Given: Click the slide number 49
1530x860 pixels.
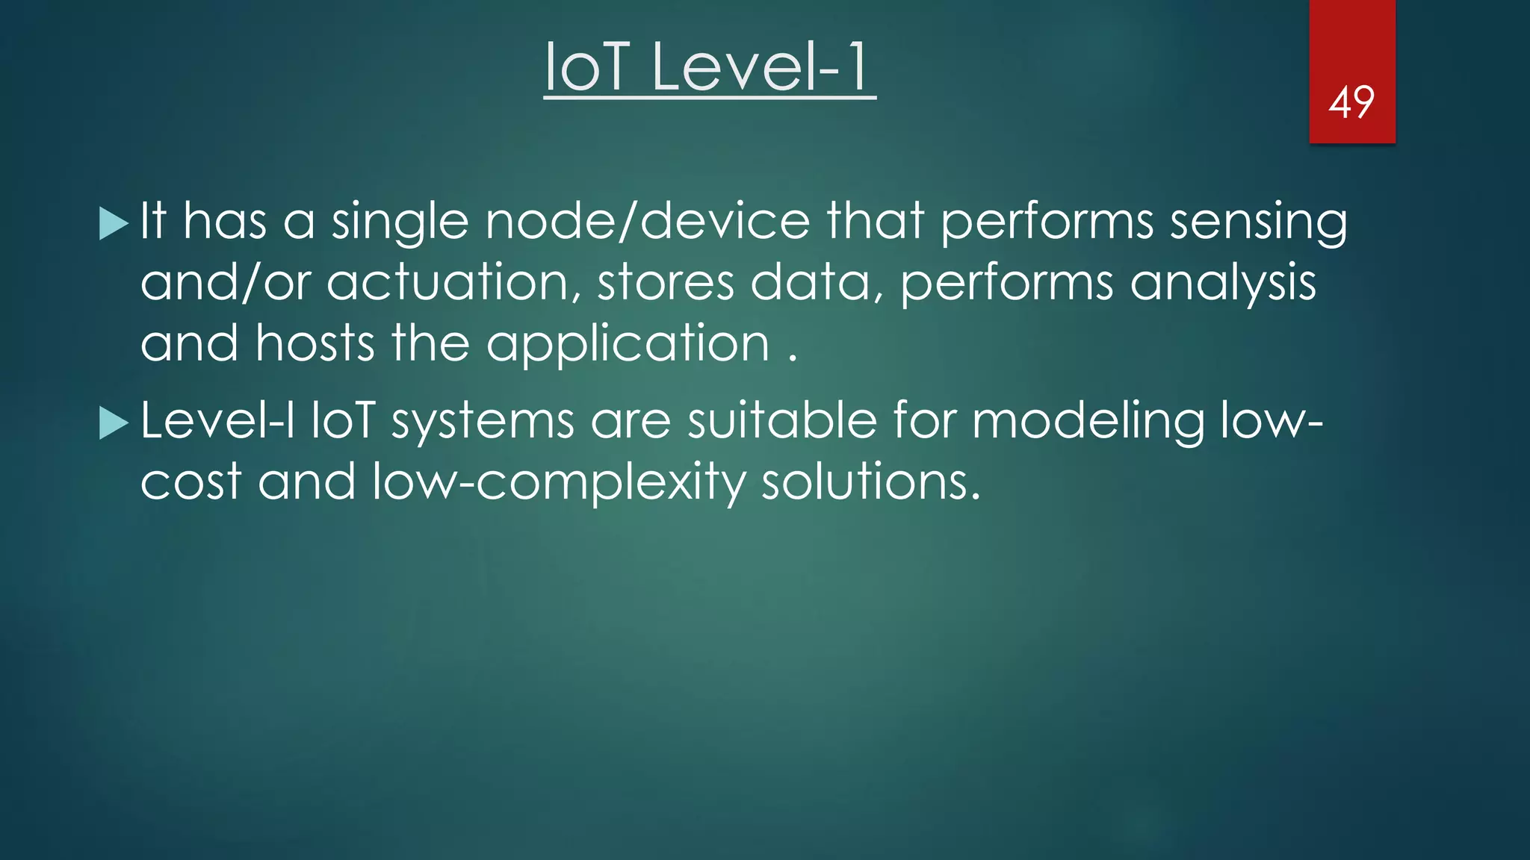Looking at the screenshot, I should click(1351, 103).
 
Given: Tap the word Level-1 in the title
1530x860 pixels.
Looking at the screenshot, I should click(761, 67).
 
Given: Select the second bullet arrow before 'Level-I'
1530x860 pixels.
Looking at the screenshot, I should click(114, 423).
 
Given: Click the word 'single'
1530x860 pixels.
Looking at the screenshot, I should click(400, 222).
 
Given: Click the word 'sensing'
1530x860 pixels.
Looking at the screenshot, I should click(1258, 222).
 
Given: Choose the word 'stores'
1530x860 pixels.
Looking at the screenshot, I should click(665, 283).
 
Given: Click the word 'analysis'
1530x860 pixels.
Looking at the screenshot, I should click(1222, 283).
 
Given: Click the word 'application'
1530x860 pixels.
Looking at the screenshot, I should click(628, 345).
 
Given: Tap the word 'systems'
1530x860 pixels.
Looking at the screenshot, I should click(483, 421).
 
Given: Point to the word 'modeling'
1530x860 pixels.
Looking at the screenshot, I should click(1087, 421).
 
